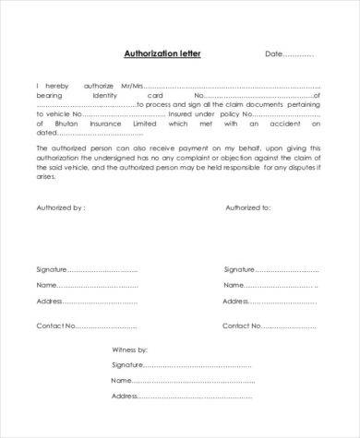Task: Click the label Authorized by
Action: click(61, 208)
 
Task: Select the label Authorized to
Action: click(247, 208)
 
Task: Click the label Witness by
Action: click(130, 350)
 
